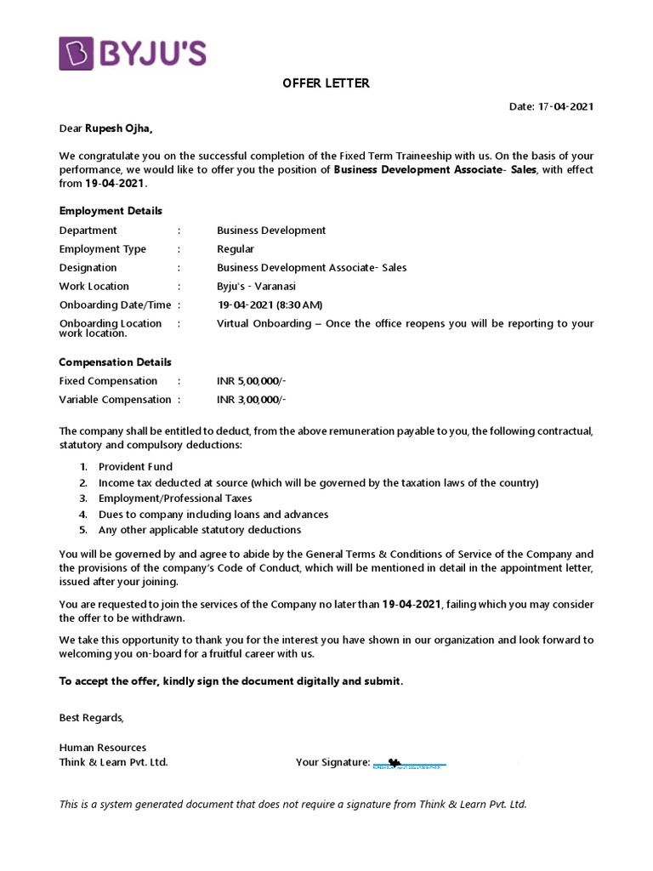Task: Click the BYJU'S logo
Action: [133, 53]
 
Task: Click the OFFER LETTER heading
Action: [326, 83]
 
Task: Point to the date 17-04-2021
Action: [565, 106]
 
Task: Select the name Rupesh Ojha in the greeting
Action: [119, 128]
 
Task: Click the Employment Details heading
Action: [111, 211]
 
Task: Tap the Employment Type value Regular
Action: [236, 249]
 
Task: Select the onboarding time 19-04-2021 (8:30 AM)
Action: [270, 305]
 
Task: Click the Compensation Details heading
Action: [115, 362]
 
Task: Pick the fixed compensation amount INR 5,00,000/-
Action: [252, 381]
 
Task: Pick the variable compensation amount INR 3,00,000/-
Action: [252, 400]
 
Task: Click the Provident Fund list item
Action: [135, 467]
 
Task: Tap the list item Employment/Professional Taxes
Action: [175, 498]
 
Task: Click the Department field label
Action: [88, 231]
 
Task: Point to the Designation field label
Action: [88, 268]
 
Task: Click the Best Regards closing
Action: [91, 718]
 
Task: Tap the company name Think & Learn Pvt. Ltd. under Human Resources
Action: [113, 762]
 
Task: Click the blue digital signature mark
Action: [409, 764]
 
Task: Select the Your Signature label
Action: [332, 762]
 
